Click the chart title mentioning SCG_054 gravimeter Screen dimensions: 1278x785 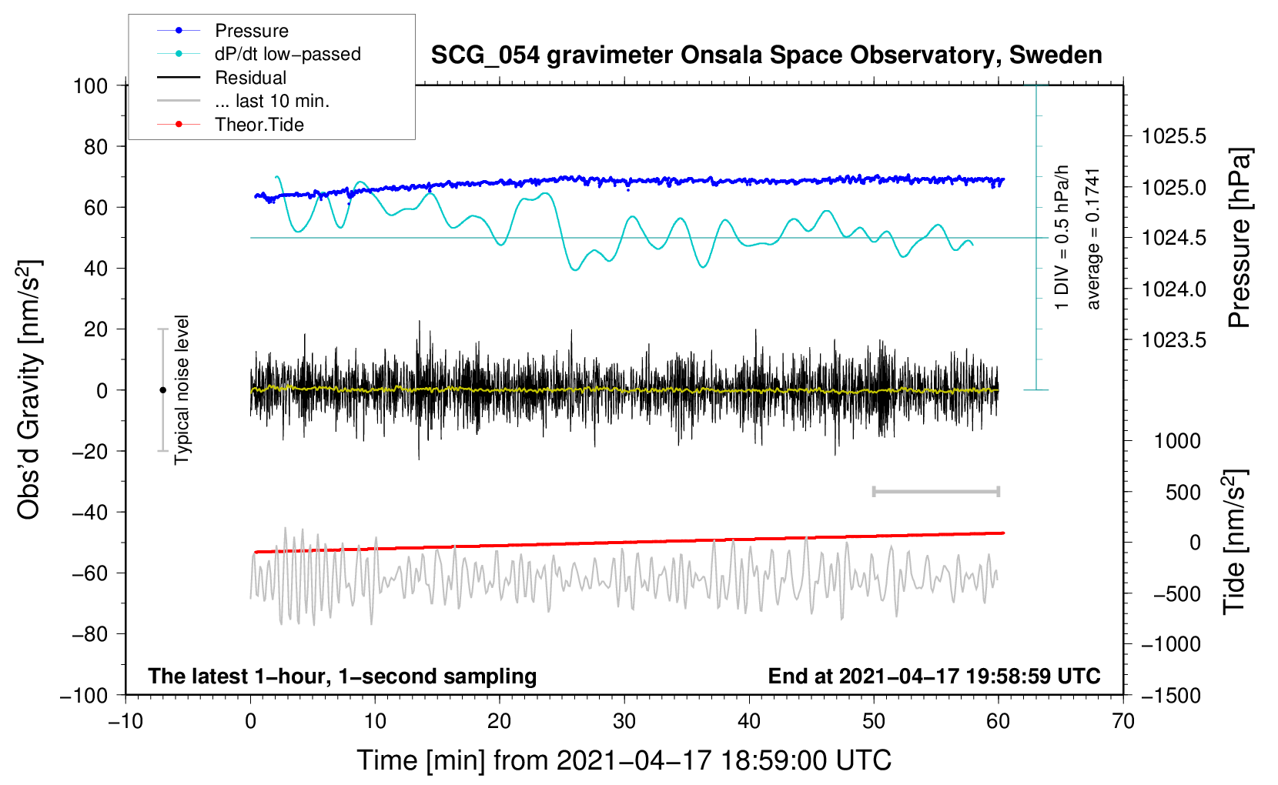766,55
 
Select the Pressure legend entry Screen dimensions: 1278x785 222,30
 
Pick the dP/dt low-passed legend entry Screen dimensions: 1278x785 259,54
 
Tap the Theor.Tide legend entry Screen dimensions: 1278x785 230,125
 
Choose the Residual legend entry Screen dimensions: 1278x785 222,78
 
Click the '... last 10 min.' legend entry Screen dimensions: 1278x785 243,101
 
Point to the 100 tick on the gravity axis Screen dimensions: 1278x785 91,86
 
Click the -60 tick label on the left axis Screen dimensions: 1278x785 89,573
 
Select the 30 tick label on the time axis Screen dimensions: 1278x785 624,721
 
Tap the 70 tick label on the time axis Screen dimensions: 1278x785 1122,721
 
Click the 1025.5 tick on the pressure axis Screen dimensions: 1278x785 1173,136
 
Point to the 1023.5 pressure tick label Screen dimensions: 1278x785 1173,340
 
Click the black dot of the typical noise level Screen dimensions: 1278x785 162,390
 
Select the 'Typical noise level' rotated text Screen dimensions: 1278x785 182,389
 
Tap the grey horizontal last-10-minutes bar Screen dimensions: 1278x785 936,491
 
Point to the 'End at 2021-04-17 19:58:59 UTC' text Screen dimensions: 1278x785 934,676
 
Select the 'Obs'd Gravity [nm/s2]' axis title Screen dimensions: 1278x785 28,390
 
